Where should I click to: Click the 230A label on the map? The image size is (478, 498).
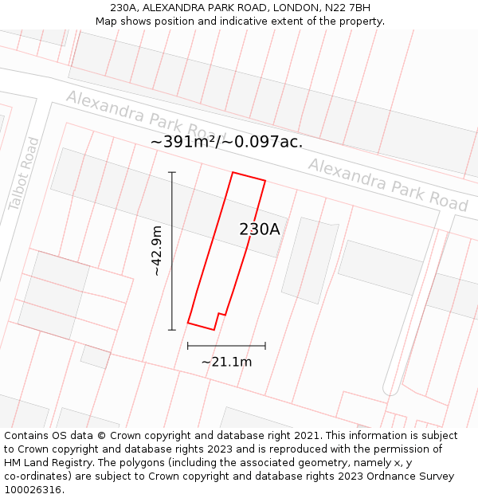(x=260, y=229)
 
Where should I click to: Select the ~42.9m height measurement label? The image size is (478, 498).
(x=157, y=251)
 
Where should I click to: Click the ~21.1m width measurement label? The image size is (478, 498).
(x=226, y=363)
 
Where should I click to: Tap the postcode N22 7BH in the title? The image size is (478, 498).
(x=348, y=8)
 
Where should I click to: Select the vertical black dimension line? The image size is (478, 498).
(x=172, y=251)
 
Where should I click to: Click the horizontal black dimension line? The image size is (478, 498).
(x=226, y=346)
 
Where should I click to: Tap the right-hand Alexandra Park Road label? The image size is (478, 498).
(x=388, y=185)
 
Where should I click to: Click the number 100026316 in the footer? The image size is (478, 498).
(x=33, y=490)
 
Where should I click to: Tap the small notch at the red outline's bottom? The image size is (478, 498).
(x=221, y=316)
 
